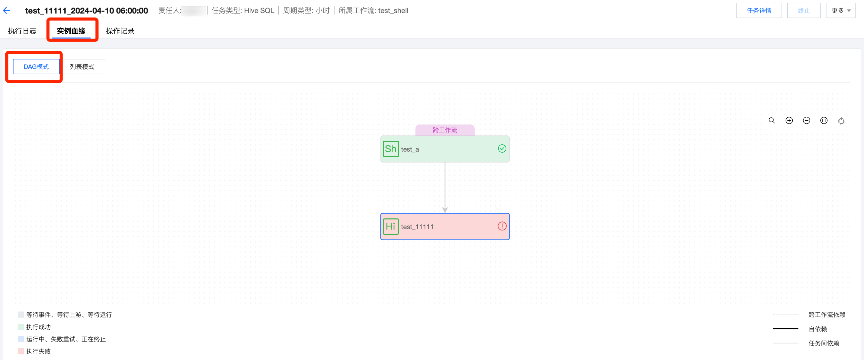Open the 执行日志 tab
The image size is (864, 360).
(x=22, y=31)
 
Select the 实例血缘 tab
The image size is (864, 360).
(x=71, y=31)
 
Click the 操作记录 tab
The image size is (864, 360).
(x=120, y=31)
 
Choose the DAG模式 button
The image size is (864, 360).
(x=36, y=67)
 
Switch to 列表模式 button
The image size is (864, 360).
(x=82, y=67)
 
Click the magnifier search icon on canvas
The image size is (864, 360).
(x=772, y=120)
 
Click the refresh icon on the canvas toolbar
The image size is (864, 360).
(x=841, y=121)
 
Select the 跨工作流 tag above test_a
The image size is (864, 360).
(x=445, y=130)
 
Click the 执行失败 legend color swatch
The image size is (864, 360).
(x=21, y=351)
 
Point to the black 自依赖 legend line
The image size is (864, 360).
(x=785, y=329)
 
